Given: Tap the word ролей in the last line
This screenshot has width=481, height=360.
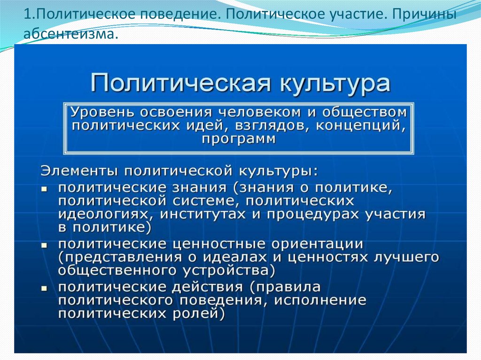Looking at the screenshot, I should (195, 313).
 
